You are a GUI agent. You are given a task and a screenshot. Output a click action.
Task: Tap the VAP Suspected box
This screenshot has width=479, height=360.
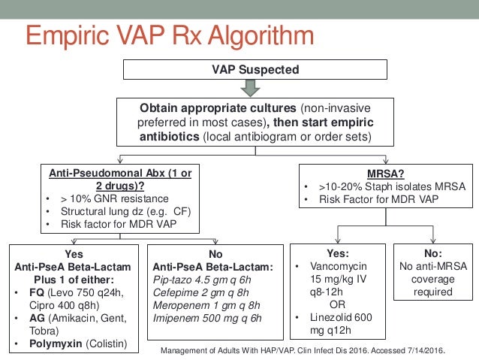[255, 70]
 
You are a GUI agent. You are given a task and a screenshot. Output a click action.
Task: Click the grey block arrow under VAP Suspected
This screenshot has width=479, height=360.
[255, 88]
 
